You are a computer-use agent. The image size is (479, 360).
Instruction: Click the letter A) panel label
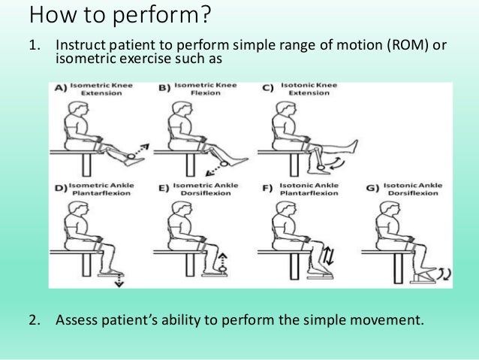[x=60, y=89]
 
